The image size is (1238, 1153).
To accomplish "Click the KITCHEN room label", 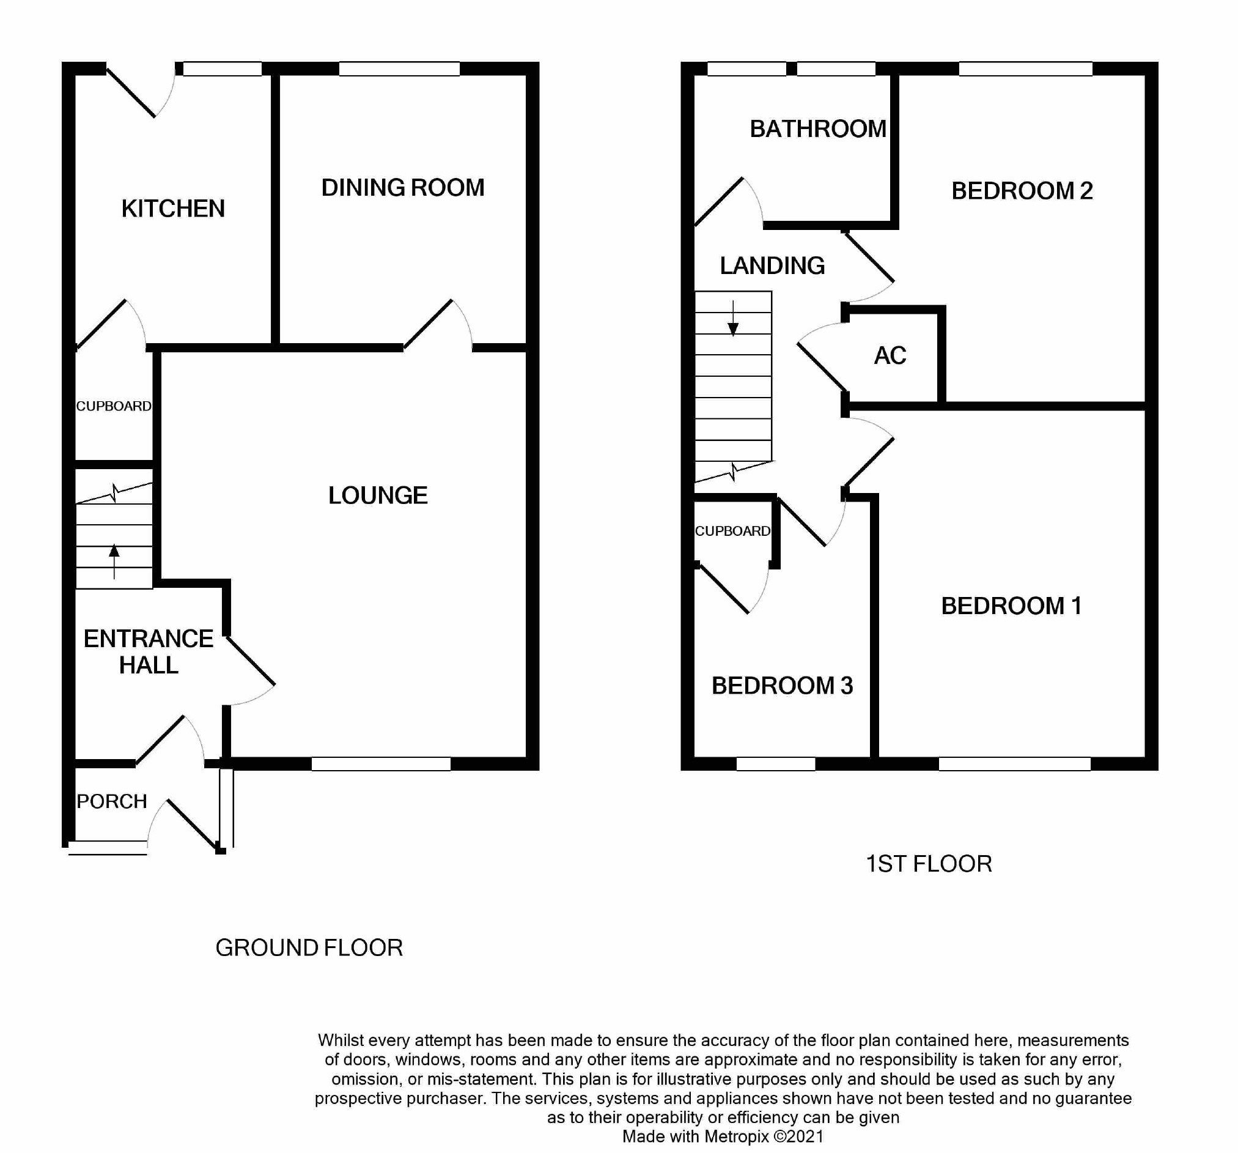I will tap(173, 209).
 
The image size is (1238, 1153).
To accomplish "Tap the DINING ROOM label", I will tap(402, 188).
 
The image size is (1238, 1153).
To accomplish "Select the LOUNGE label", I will tap(377, 496).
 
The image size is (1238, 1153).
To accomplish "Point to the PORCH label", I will tap(111, 801).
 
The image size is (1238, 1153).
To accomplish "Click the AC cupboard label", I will tap(890, 355).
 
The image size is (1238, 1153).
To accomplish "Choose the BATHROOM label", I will tap(817, 129).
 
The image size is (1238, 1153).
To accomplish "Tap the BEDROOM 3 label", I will tap(781, 686).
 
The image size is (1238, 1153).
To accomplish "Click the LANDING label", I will tap(772, 266).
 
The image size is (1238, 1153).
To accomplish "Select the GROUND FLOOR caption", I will tap(309, 948).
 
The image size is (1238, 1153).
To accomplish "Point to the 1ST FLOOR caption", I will tap(929, 864).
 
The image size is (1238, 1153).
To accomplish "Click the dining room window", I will tap(399, 69).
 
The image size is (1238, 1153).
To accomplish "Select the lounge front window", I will tap(380, 764).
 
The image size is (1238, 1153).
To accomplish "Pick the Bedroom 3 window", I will tap(775, 764).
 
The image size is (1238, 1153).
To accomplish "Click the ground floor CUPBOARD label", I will tap(113, 406).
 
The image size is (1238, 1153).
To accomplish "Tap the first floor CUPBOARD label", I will tap(732, 532).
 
